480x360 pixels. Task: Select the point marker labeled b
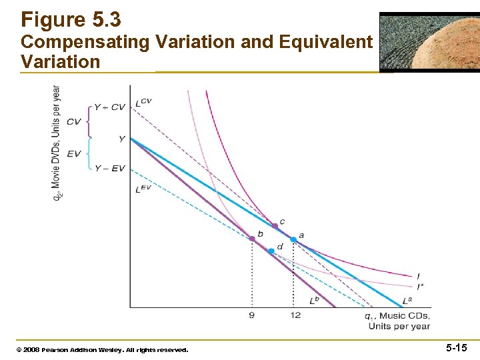(252, 238)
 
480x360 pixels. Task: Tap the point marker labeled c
(275, 227)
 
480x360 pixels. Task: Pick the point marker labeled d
(271, 251)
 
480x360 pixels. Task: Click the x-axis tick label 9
(251, 315)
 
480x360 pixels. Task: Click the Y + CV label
(109, 107)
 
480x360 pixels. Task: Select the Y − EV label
(109, 169)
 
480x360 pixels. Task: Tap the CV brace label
(74, 122)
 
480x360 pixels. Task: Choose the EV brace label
(74, 154)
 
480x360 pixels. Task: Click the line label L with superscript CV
(143, 102)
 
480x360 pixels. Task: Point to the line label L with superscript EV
(143, 189)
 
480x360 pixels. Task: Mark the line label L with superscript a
(407, 301)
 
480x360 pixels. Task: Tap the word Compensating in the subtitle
(85, 42)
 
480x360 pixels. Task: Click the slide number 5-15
(456, 347)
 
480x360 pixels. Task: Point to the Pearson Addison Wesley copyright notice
(105, 349)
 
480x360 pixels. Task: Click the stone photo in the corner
(429, 41)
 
